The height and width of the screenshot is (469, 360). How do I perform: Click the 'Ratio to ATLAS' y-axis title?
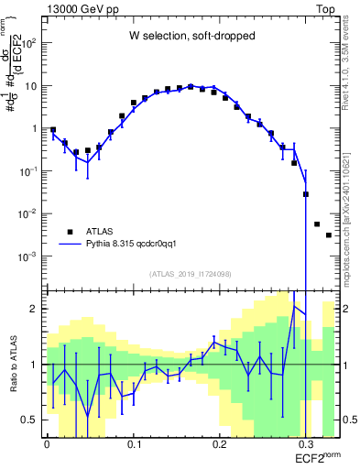point(12,364)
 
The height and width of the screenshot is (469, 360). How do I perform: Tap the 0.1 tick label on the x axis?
point(134,443)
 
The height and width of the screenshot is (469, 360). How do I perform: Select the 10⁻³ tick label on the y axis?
point(30,256)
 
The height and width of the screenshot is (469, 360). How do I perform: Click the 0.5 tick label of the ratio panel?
point(30,420)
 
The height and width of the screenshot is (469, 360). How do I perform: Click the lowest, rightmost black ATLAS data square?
point(329,235)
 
